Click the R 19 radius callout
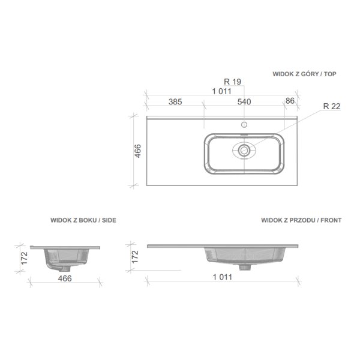232,82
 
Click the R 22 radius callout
332,106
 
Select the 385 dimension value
175,102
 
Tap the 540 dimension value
244,102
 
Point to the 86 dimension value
290,101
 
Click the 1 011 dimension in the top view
222,91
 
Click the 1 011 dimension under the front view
223,277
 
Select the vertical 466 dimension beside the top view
137,151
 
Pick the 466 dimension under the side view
65,278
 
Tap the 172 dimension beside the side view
24,258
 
